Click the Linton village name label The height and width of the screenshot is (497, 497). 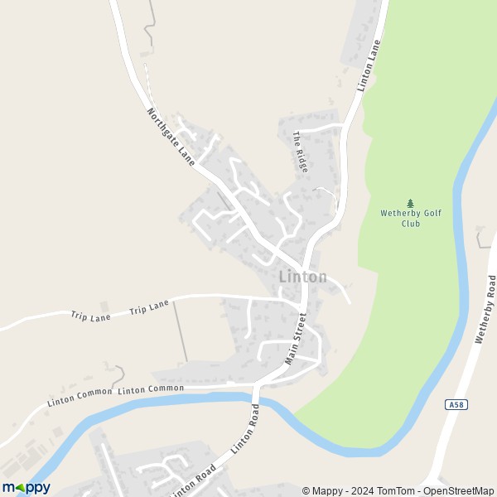(x=302, y=277)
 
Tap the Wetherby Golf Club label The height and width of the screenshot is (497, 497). (x=411, y=218)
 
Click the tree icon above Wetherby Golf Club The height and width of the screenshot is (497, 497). (x=410, y=203)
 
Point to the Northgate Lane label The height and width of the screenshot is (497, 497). (x=171, y=137)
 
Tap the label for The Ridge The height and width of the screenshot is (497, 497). (x=300, y=151)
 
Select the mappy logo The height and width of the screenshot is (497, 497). (x=27, y=488)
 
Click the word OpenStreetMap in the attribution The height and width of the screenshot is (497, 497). (x=459, y=490)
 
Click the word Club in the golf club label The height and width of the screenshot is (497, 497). (x=411, y=224)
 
